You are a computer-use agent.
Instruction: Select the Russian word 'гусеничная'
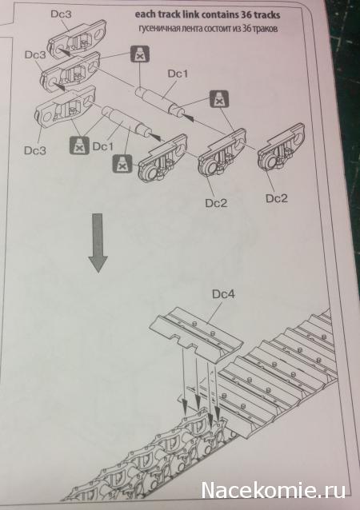(x=157, y=29)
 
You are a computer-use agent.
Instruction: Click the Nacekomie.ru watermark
(x=273, y=490)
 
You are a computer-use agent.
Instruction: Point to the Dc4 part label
(x=223, y=294)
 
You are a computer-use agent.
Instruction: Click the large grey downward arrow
(x=98, y=243)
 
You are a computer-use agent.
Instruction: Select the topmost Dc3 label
(x=62, y=14)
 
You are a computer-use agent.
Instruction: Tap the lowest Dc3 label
(x=35, y=150)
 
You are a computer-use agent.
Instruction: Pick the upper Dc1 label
(x=178, y=74)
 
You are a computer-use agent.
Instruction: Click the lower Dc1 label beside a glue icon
(x=103, y=146)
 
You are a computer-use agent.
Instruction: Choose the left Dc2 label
(x=216, y=203)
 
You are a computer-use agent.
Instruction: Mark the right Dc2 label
(x=277, y=198)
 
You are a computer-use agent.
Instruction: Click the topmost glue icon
(x=140, y=54)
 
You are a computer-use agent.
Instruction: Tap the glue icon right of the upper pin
(x=218, y=99)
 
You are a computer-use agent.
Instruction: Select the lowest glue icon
(x=122, y=164)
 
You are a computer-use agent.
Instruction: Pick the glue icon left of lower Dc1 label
(x=79, y=145)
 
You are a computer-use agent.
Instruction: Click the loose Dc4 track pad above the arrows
(x=196, y=333)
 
